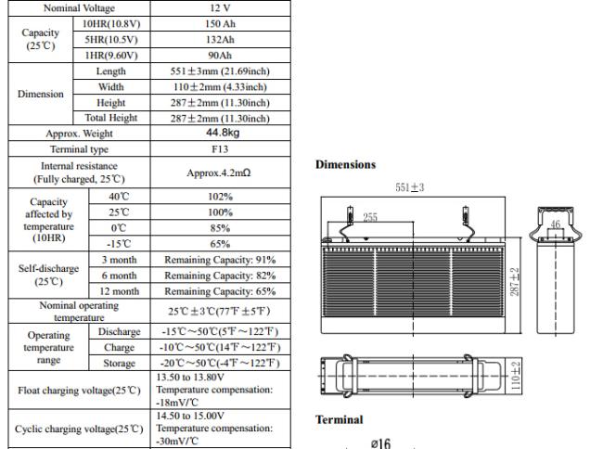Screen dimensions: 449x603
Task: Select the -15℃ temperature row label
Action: pyautogui.click(x=118, y=244)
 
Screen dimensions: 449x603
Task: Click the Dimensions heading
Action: pyautogui.click(x=345, y=165)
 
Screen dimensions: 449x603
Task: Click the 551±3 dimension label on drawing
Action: pyautogui.click(x=410, y=186)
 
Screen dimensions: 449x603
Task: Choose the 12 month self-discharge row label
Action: pyautogui.click(x=118, y=291)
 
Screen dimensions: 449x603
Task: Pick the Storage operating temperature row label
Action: pyautogui.click(x=118, y=363)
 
